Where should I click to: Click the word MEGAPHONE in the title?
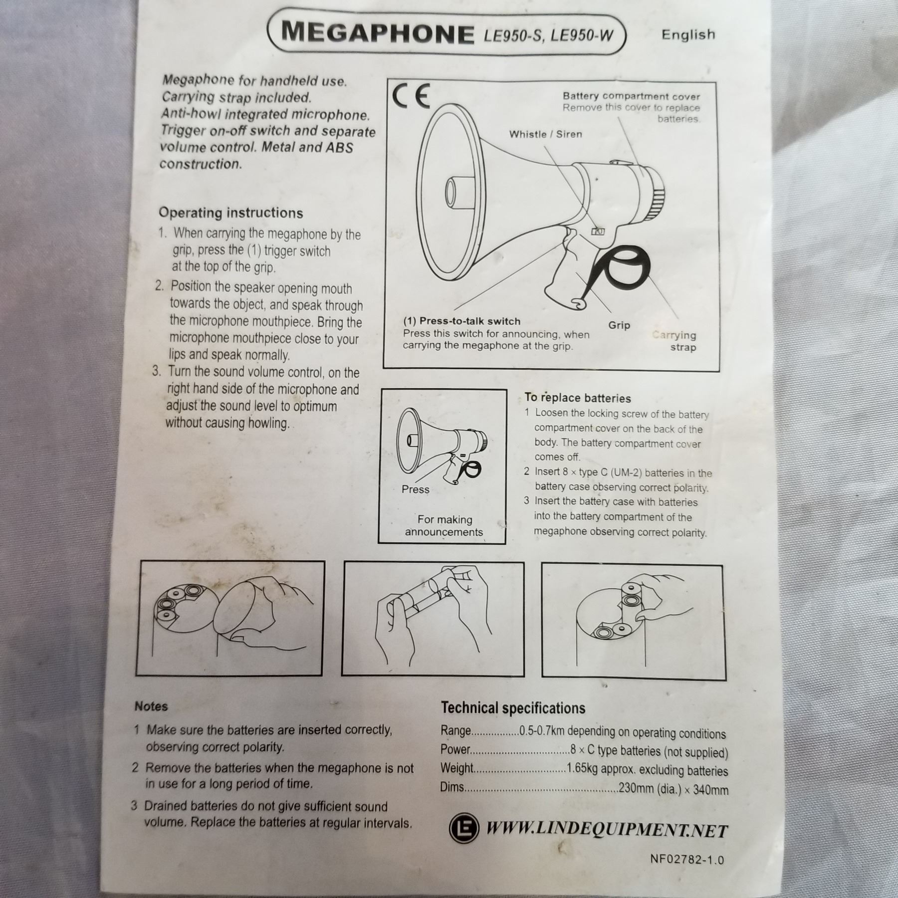378,33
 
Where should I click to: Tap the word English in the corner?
688,34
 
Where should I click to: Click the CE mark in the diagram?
411,96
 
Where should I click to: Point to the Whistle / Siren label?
545,134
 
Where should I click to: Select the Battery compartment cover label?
632,96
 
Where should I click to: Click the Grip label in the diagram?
619,325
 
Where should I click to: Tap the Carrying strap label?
674,341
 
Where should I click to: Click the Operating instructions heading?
230,213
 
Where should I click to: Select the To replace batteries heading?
578,398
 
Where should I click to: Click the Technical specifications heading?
513,708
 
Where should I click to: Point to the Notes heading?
151,706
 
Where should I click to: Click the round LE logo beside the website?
463,827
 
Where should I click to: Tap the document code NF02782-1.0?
686,859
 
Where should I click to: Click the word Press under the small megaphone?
415,489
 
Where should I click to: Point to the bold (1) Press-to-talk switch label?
461,321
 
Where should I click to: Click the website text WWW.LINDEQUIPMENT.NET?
607,830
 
